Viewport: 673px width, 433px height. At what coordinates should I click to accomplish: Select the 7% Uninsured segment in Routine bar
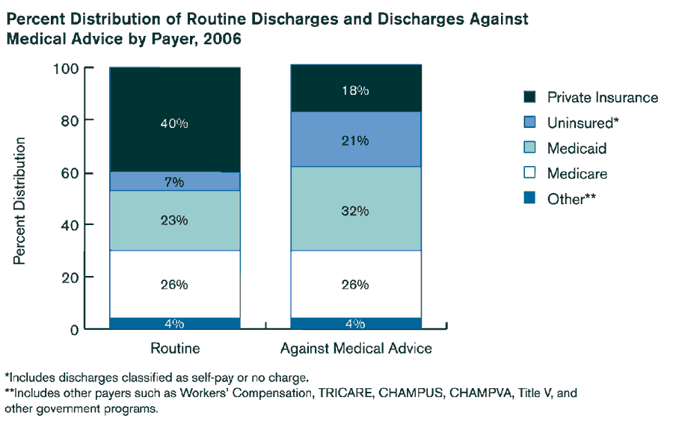174,182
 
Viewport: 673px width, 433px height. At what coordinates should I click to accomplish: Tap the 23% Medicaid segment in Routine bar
174,221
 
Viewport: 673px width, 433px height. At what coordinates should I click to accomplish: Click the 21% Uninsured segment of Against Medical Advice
354,139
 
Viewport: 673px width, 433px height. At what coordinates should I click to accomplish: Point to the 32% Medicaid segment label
354,211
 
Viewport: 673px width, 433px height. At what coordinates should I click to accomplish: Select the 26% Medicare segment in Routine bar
174,284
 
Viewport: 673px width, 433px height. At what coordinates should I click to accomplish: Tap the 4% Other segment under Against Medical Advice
354,323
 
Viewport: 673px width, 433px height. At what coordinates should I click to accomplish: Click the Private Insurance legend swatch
529,97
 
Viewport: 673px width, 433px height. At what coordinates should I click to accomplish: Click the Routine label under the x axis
175,348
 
